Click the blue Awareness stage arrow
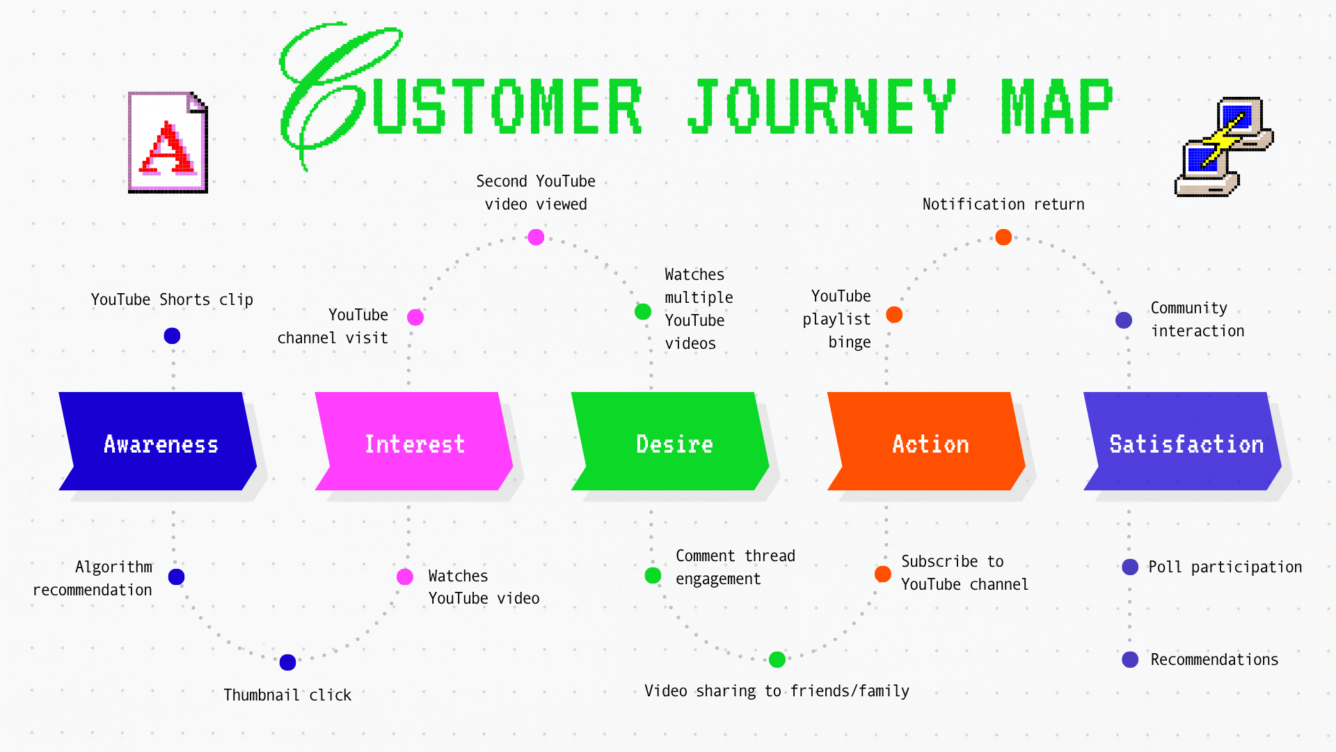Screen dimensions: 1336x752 pyautogui.click(x=158, y=441)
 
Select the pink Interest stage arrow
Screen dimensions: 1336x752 pyautogui.click(x=414, y=441)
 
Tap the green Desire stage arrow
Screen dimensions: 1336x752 pyautogui.click(x=670, y=441)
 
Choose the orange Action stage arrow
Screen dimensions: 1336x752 pyautogui.click(x=926, y=441)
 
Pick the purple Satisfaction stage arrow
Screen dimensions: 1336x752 pyautogui.click(x=1182, y=441)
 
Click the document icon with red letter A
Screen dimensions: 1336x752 pyautogui.click(x=168, y=142)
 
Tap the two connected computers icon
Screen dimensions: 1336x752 pyautogui.click(x=1224, y=147)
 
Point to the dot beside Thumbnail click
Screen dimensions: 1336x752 pyautogui.click(x=287, y=662)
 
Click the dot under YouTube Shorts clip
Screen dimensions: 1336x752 pyautogui.click(x=172, y=336)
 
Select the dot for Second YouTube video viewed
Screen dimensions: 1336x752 pyautogui.click(x=536, y=237)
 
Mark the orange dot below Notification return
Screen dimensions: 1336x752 pyautogui.click(x=1003, y=237)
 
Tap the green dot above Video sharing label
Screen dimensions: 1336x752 pyautogui.click(x=777, y=659)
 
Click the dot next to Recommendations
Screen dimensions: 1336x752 pyautogui.click(x=1130, y=659)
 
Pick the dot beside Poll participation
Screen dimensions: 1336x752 pyautogui.click(x=1130, y=567)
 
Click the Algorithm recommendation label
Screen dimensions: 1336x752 pyautogui.click(x=93, y=578)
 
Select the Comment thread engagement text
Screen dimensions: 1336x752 pyautogui.click(x=735, y=567)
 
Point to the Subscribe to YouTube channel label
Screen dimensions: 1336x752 pyautogui.click(x=964, y=572)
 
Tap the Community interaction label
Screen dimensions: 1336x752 pyautogui.click(x=1198, y=319)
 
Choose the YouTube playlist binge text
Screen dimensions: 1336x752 pyautogui.click(x=836, y=319)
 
